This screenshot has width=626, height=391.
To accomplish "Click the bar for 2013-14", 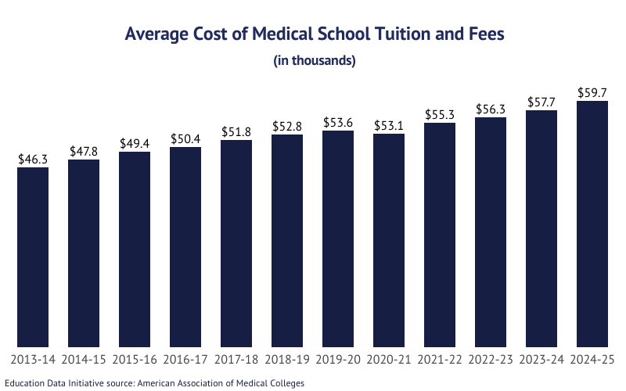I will coord(33,257).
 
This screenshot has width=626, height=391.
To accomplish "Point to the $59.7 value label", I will coord(592,92).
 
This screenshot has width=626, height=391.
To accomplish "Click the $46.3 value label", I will coord(33,159).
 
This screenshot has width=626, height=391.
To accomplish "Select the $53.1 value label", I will coord(389,125).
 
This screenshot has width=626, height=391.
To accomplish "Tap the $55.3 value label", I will coord(440,114).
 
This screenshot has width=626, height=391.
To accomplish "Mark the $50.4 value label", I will coord(185,138).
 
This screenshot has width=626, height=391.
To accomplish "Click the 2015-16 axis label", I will coord(135,361).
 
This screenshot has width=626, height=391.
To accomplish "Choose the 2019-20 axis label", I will coord(338,361).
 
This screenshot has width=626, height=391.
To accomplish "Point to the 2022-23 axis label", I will coord(491,361).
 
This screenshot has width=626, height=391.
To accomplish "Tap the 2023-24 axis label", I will coord(541,361).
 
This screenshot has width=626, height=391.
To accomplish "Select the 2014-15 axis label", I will coord(84,361).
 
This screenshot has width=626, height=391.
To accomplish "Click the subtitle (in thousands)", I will coord(315,60).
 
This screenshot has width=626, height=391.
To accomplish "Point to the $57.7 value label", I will coord(541,102).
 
